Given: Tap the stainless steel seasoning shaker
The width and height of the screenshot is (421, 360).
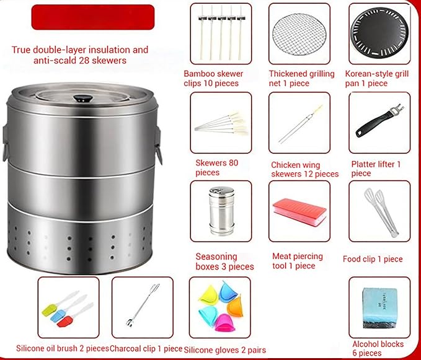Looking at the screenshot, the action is coord(221,211).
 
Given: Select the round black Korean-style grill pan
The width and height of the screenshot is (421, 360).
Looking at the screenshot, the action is coord(379,33).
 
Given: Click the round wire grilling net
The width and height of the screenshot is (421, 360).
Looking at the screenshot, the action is coord(299,34).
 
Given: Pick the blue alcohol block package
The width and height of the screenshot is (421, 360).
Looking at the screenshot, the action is coord(379,308).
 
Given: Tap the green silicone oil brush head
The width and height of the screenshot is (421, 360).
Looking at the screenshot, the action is coord(48,311).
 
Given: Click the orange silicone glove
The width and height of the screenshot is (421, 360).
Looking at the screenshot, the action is coord(234,306).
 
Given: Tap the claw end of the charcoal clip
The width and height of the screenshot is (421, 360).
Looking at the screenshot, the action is coord(130,322).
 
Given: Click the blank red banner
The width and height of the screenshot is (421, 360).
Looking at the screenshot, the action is coord(93,17).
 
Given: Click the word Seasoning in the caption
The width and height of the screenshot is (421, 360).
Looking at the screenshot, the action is coord(216,257).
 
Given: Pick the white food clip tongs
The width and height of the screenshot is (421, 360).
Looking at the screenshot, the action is coord(381,212).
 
